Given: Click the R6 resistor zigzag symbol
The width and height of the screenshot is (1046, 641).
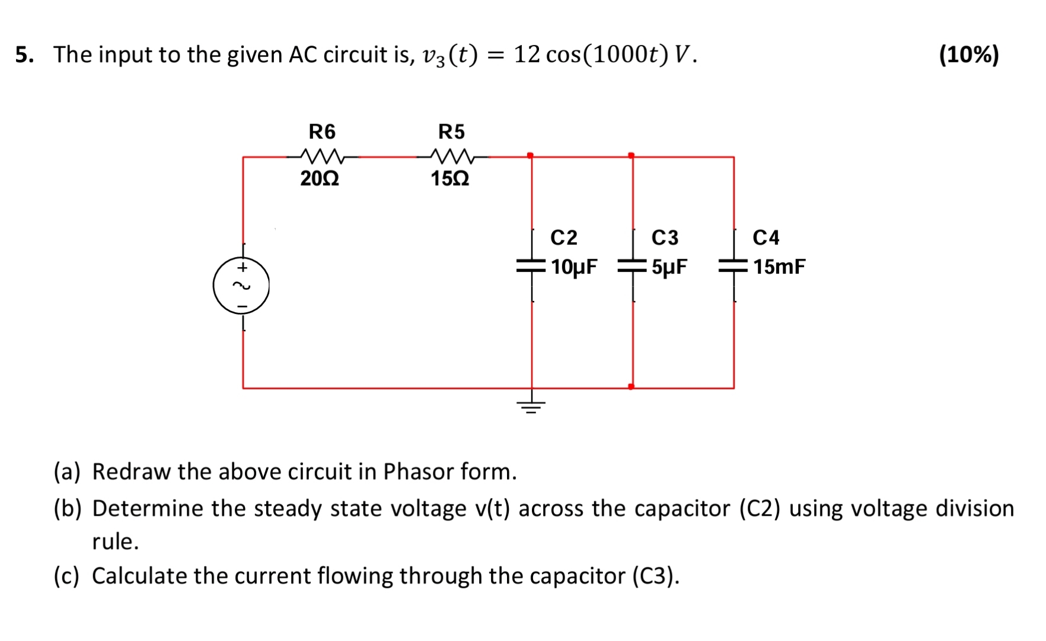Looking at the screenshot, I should tap(322, 156).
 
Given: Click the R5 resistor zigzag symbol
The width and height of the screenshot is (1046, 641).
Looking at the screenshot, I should tap(452, 156).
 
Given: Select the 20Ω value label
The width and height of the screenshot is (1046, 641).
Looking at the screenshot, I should tap(320, 178).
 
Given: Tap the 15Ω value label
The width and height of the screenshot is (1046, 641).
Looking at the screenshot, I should tap(450, 178).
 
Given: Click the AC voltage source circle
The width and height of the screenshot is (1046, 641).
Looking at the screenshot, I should tap(241, 286).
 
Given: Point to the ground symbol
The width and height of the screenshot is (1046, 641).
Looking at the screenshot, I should tap(531, 405).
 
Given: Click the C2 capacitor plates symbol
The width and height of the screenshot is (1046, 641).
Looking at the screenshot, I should tap(531, 266).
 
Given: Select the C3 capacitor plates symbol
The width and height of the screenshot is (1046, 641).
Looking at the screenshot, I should tap(633, 266).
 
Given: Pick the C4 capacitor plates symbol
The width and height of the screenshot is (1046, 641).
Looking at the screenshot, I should tap(734, 266).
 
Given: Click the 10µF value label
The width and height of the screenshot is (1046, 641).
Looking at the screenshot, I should tap(574, 267).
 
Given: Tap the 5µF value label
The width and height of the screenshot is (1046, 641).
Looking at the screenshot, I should tap(669, 267).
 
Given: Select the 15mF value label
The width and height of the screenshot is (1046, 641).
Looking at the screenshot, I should tap(779, 267).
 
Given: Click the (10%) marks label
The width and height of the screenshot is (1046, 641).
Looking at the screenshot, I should tap(969, 55).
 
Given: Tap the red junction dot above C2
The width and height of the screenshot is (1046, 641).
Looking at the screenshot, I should tap(530, 156).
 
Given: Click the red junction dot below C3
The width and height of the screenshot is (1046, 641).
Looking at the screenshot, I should tap(632, 387).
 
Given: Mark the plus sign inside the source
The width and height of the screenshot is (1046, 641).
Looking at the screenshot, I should tap(242, 268).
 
